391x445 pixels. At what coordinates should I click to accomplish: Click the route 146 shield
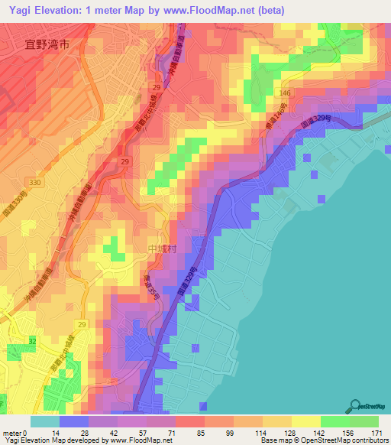[x=284, y=93]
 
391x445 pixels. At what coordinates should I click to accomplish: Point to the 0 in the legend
[x=25, y=433]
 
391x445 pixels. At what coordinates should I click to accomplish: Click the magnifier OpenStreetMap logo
[x=356, y=405]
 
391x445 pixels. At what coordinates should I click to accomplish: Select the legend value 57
[x=139, y=433]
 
